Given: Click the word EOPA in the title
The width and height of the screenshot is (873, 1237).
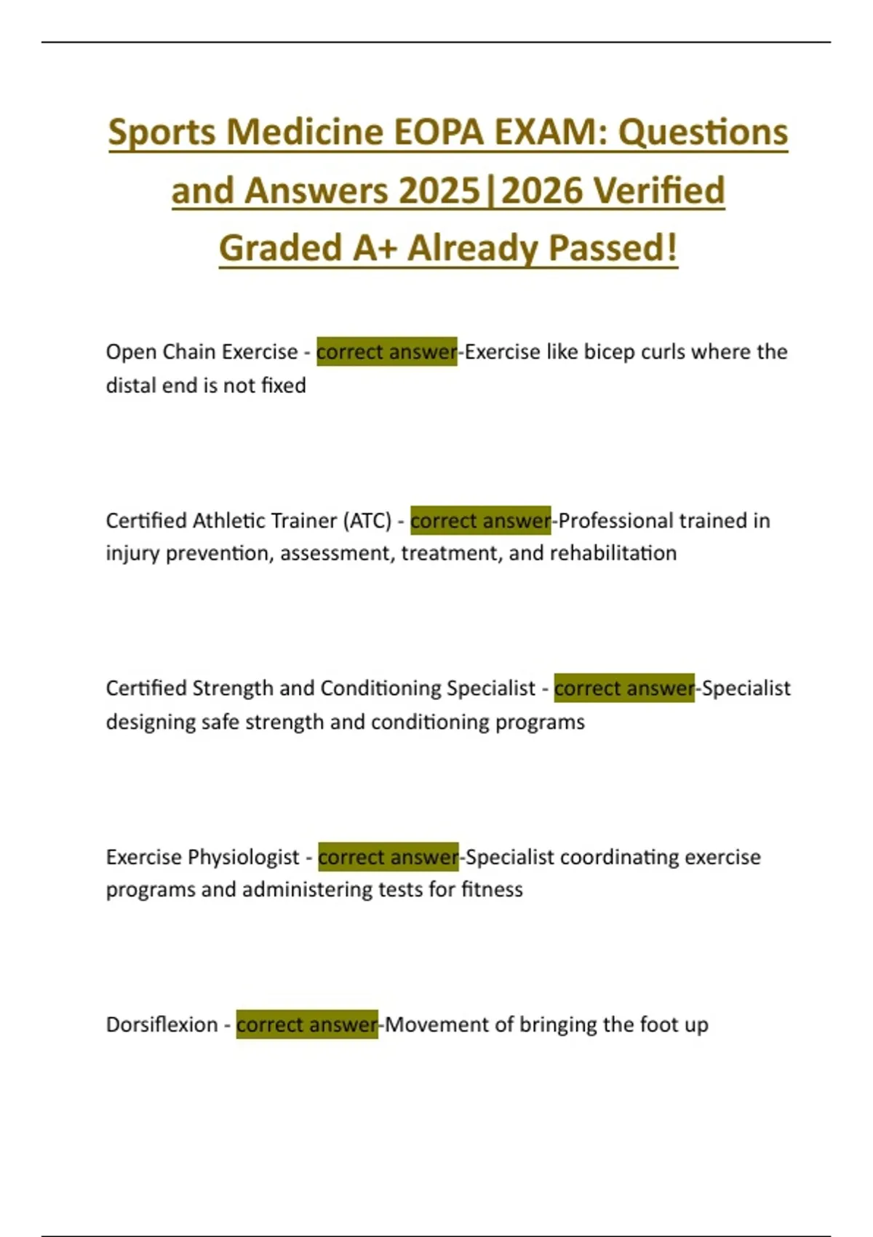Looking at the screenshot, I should [439, 132].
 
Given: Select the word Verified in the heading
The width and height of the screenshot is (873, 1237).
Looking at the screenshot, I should [659, 191].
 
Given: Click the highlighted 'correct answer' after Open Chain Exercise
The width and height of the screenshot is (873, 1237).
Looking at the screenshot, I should [386, 352].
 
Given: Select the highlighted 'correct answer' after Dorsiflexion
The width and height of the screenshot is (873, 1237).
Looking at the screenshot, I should [306, 1025].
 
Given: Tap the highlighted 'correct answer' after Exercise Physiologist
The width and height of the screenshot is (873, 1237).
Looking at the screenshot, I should [388, 857].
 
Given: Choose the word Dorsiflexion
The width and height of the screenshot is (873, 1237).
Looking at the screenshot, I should [162, 1025].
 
